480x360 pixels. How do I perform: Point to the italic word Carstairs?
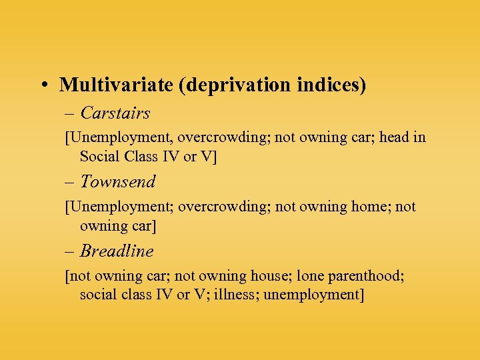115,113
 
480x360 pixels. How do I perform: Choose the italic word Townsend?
118,181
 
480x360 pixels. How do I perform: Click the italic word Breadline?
117,251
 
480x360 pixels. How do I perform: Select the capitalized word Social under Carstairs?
101,157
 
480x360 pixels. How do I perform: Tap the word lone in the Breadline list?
312,275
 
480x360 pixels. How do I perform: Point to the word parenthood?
374,276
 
